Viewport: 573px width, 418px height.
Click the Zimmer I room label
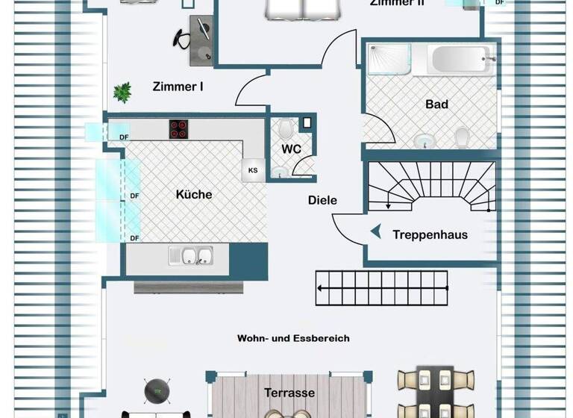(178, 87)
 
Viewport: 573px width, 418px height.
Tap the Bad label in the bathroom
(436, 104)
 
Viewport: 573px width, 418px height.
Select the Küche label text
(194, 194)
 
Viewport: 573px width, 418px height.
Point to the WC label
(291, 149)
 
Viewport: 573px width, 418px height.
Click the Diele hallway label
(322, 200)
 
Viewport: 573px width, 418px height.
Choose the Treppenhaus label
(430, 234)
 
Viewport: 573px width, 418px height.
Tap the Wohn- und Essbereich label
(293, 338)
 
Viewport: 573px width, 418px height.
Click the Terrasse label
(289, 393)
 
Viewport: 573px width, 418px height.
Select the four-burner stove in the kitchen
(178, 128)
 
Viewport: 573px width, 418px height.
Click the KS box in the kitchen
(253, 170)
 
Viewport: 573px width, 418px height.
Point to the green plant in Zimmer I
(122, 92)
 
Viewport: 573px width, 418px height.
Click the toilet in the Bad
(462, 137)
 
